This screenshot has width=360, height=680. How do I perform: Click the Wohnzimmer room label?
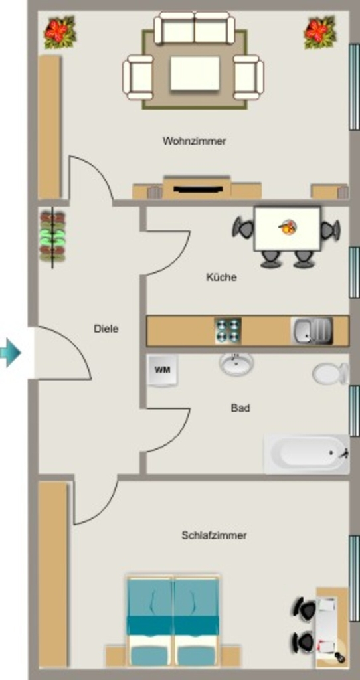[x=195, y=141]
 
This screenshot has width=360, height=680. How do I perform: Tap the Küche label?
[x=221, y=277]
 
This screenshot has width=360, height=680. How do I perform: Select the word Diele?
[x=106, y=329]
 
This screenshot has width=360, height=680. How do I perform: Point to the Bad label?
[x=240, y=408]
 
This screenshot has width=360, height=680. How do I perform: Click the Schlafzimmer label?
[x=215, y=535]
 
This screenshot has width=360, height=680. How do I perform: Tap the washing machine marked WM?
[x=163, y=370]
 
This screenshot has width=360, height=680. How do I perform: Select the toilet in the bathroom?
[x=331, y=373]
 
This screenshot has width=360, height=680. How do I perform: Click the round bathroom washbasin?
[x=236, y=363]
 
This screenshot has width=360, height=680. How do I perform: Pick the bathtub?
[x=307, y=454]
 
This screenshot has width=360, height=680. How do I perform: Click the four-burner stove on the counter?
[x=228, y=331]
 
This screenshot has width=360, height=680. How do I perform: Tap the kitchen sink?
[x=312, y=331]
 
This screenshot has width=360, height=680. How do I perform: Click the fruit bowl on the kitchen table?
[x=287, y=227]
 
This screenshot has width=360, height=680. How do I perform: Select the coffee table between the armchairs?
[x=195, y=73]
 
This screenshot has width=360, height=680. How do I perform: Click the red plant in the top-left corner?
[x=60, y=32]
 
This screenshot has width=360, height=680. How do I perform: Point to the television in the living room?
[x=197, y=188]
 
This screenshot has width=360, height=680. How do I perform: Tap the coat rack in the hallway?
[x=52, y=237]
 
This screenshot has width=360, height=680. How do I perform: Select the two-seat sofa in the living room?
[x=195, y=28]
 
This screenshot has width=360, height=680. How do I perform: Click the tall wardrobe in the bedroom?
[x=53, y=574]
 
